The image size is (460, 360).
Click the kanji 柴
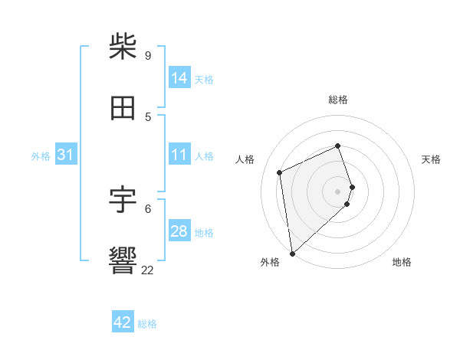(x=123, y=47)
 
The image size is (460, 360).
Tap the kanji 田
(x=123, y=108)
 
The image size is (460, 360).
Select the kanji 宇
(x=123, y=200)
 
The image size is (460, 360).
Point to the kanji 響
(x=123, y=260)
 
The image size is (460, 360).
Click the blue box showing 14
(x=179, y=78)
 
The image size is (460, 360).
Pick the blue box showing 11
(x=179, y=155)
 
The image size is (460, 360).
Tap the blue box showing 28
(x=179, y=231)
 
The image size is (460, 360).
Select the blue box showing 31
(x=66, y=155)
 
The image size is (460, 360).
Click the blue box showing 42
(x=123, y=322)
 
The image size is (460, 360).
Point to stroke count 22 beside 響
(x=148, y=270)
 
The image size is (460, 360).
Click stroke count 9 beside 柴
(x=148, y=55)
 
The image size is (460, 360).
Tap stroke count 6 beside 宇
(x=148, y=208)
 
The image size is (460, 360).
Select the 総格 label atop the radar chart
(x=338, y=100)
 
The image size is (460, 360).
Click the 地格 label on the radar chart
(x=402, y=262)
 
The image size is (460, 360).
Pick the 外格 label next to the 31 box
(x=41, y=156)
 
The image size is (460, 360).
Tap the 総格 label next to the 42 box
(x=147, y=324)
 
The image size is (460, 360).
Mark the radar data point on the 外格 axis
(x=291, y=253)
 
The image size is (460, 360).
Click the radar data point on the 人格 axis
(x=280, y=172)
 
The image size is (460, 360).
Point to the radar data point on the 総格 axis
(x=338, y=146)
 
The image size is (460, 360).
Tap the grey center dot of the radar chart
(x=338, y=191)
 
